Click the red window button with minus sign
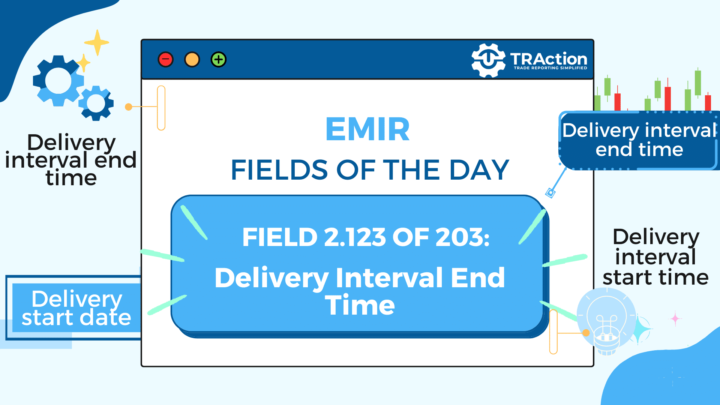click(x=166, y=60)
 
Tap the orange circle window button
click(x=192, y=60)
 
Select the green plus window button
click(x=219, y=60)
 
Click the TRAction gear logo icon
click(x=488, y=60)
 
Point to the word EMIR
click(x=367, y=129)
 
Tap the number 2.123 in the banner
click(x=355, y=237)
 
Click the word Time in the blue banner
click(x=360, y=305)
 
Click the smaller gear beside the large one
click(x=96, y=103)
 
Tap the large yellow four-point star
click(x=97, y=42)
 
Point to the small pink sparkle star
click(x=675, y=319)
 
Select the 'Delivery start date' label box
click(x=73, y=308)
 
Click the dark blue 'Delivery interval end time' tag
click(x=639, y=141)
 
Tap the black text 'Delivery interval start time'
click(x=655, y=257)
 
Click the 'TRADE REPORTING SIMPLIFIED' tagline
click(x=550, y=68)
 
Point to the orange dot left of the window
click(x=129, y=107)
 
